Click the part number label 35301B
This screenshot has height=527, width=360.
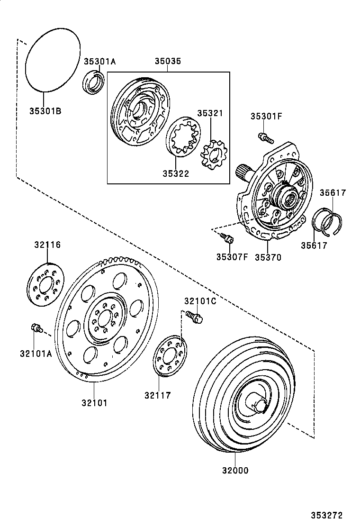click(46, 111)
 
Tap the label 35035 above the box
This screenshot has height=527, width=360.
click(168, 62)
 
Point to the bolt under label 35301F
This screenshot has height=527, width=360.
click(266, 138)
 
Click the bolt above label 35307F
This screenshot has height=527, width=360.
click(228, 239)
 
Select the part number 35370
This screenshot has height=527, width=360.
click(268, 257)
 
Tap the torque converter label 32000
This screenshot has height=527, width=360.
click(235, 471)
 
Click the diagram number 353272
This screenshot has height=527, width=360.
click(326, 515)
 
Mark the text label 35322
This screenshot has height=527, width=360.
click(177, 174)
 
